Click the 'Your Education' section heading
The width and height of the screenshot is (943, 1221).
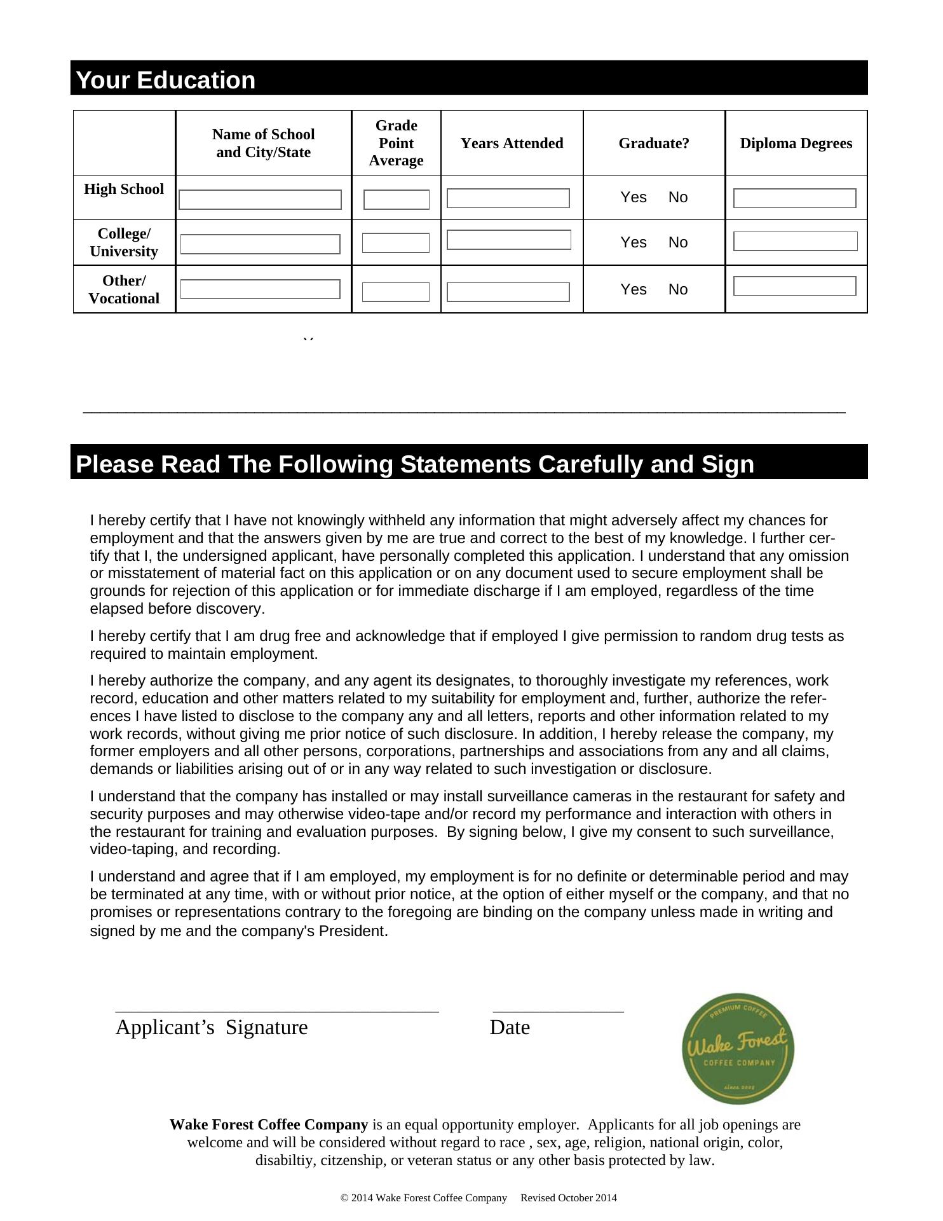(166, 81)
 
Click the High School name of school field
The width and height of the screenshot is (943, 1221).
(260, 200)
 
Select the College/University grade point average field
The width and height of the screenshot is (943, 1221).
(396, 243)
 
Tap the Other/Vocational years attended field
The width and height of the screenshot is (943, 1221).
(508, 293)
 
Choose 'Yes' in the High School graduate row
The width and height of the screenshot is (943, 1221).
(634, 198)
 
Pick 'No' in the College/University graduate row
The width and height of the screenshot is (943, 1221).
(678, 243)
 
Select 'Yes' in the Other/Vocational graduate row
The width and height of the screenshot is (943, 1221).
(634, 290)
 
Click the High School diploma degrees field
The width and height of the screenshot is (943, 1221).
(794, 198)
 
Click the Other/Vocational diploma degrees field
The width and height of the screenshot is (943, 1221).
(794, 286)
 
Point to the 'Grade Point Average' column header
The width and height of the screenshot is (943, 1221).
(396, 143)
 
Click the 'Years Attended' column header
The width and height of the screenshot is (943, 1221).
(512, 144)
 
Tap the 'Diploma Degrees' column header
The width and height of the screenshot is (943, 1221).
(796, 144)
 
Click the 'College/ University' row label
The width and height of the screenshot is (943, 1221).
(124, 242)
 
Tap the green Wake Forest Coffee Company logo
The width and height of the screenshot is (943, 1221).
(738, 1049)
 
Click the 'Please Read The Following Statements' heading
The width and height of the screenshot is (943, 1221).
(415, 465)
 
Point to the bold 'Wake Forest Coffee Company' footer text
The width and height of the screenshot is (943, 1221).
(269, 1125)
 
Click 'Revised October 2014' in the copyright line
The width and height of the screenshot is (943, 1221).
(568, 1198)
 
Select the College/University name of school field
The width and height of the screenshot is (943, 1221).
(260, 244)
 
